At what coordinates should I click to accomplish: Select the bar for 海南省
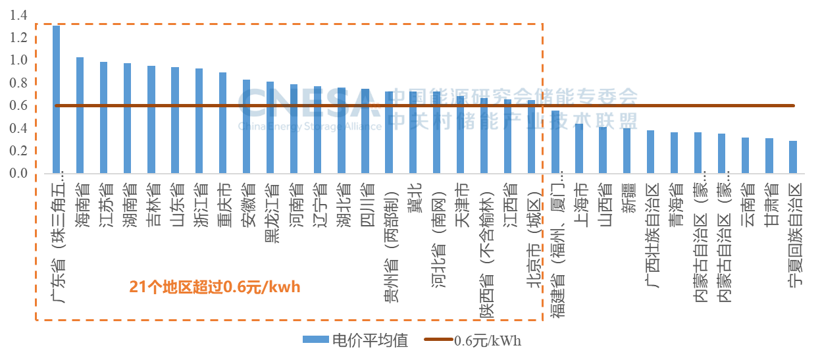click(x=80, y=116)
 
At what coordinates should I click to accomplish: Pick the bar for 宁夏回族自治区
click(x=793, y=157)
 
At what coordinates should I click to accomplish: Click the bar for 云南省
click(x=745, y=156)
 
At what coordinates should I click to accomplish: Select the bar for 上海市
click(x=579, y=149)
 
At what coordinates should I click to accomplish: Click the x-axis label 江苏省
click(x=104, y=197)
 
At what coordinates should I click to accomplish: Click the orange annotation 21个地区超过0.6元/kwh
click(x=215, y=287)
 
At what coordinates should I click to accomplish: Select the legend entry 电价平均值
click(x=355, y=340)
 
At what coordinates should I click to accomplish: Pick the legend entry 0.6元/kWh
click(x=473, y=340)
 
